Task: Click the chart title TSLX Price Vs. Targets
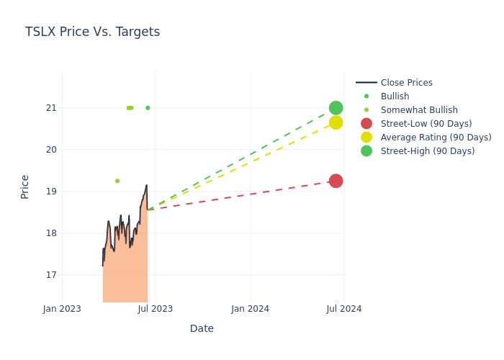click(x=92, y=32)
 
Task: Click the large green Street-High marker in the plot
click(x=336, y=108)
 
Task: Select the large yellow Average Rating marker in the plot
click(x=336, y=122)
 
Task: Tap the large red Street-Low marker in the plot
click(x=336, y=181)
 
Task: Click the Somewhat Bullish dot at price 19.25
click(x=117, y=181)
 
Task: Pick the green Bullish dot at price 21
click(x=148, y=108)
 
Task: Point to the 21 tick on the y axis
click(x=50, y=108)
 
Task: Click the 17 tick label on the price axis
click(x=50, y=275)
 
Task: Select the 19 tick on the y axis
click(x=50, y=192)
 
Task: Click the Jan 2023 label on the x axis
click(x=62, y=309)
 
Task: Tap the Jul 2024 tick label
click(x=344, y=309)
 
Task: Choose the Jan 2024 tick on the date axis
click(x=250, y=309)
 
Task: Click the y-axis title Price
click(x=25, y=186)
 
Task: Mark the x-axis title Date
click(x=202, y=328)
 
